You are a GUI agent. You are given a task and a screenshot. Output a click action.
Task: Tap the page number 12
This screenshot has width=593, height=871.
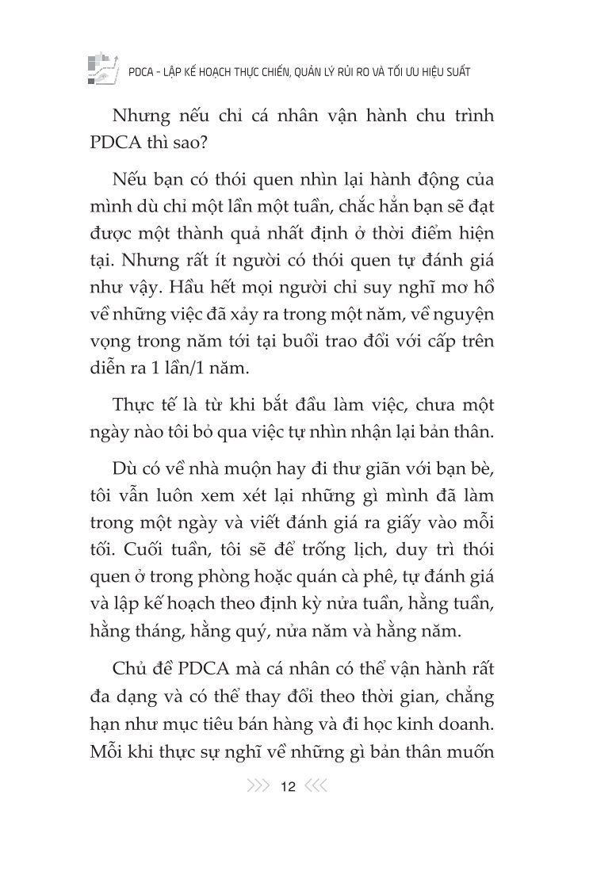click(x=288, y=787)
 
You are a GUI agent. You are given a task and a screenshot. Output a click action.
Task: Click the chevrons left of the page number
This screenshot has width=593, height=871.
click(x=258, y=787)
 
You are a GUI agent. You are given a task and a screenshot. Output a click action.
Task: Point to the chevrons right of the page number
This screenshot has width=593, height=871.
click(x=316, y=787)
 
